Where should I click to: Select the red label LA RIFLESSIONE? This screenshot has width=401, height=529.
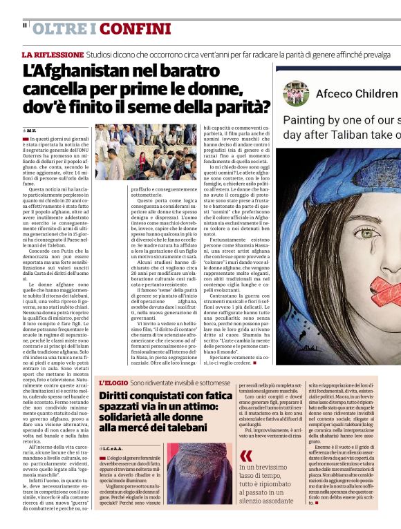53,54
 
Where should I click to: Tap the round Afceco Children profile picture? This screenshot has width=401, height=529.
295,93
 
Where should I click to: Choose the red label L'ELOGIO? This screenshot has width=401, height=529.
113,382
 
